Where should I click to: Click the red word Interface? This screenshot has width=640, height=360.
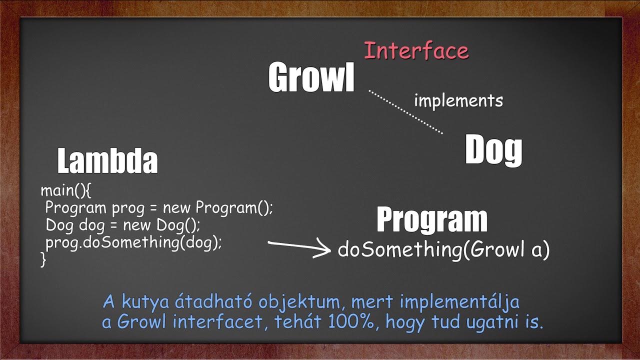click(x=416, y=51)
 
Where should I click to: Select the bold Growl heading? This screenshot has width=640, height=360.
click(x=311, y=77)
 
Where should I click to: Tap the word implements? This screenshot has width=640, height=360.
click(x=458, y=100)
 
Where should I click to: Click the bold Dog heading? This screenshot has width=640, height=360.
click(x=493, y=150)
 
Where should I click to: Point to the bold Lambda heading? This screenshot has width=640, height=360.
click(x=107, y=161)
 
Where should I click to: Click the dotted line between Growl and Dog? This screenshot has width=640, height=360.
click(x=405, y=112)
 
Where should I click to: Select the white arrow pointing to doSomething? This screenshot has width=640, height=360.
click(x=299, y=247)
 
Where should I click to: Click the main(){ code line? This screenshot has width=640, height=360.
click(x=66, y=190)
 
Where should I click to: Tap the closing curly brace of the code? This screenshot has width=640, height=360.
click(x=43, y=259)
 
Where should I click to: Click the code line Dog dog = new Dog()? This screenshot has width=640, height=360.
click(x=122, y=225)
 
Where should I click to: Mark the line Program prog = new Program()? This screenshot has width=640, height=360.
click(x=159, y=207)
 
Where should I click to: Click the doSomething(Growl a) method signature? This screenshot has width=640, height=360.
click(x=443, y=249)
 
